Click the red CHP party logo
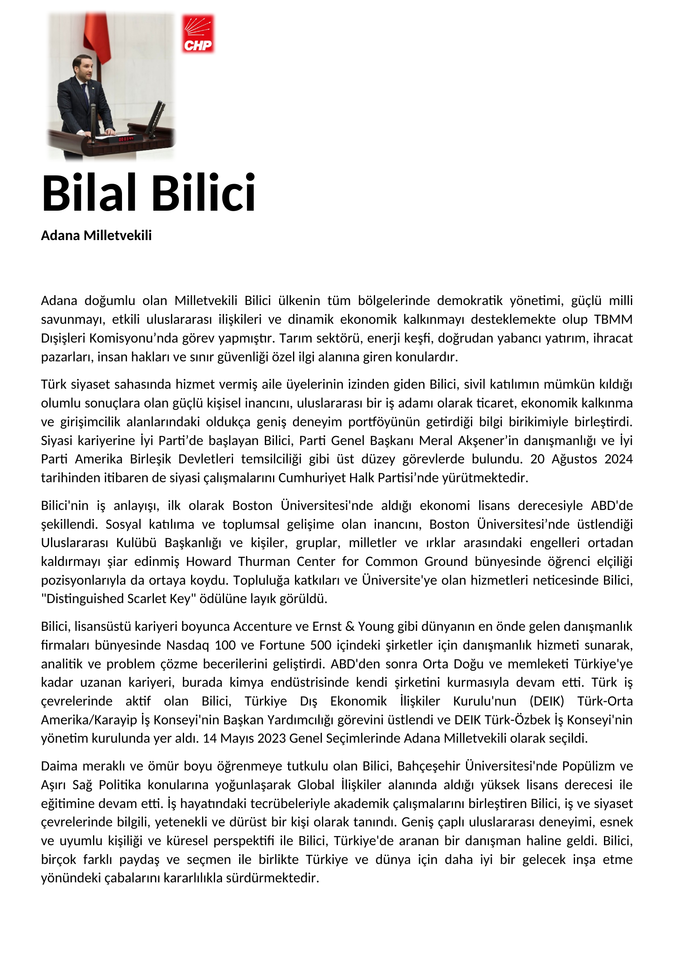pyautogui.click(x=198, y=34)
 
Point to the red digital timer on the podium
pyautogui.click(x=127, y=138)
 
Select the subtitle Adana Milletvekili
pyautogui.click(x=96, y=236)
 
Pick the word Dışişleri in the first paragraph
pyautogui.click(x=63, y=338)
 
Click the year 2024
pyautogui.click(x=618, y=459)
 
